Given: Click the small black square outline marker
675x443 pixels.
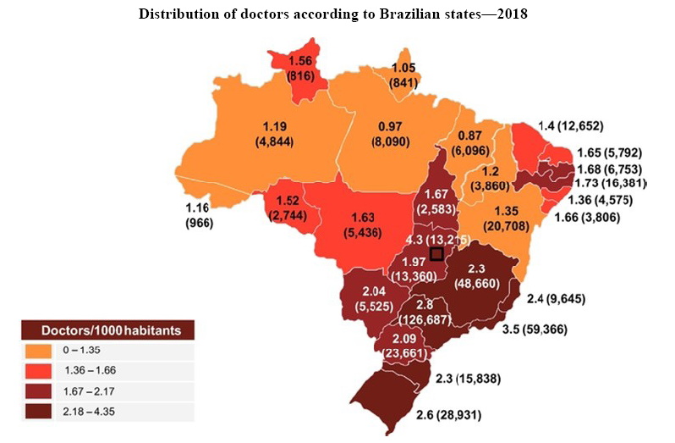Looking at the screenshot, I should pyautogui.click(x=436, y=254).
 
